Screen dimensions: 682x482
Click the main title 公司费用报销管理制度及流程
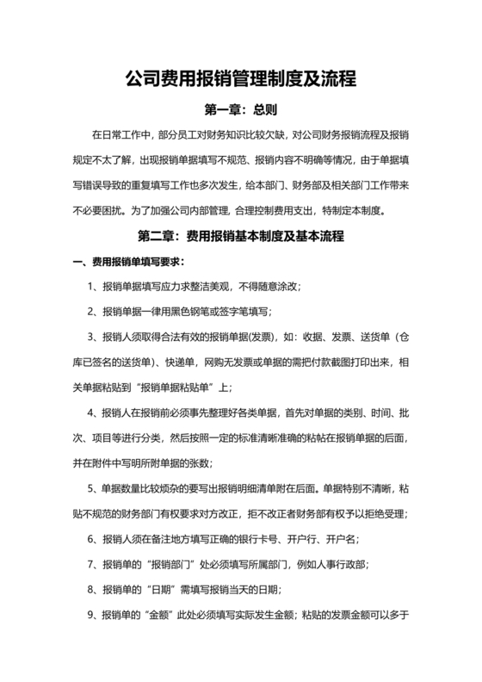[x=241, y=79]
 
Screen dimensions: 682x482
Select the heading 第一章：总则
[x=240, y=110]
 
